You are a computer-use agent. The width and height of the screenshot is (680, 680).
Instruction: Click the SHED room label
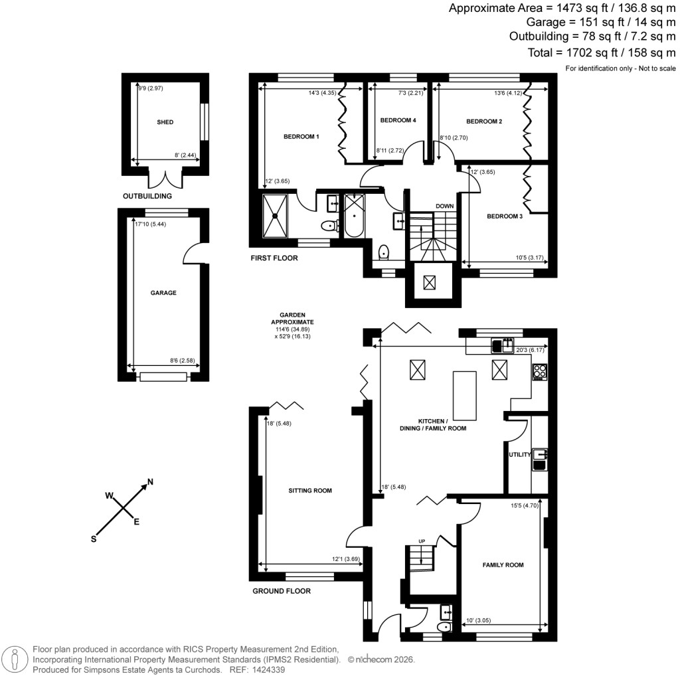165,123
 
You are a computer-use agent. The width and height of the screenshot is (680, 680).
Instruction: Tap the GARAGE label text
163,292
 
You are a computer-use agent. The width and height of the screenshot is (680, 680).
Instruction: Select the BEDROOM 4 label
398,120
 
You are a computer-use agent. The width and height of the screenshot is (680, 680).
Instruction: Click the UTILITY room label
519,455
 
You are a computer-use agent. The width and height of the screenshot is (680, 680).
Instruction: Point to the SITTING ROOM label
309,491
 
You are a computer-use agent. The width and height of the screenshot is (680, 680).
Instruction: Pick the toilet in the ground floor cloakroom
443,626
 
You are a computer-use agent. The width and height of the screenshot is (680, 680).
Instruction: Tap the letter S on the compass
94,539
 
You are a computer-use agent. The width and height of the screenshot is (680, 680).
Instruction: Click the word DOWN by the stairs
444,206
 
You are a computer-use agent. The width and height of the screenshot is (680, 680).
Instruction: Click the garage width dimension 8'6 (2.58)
182,361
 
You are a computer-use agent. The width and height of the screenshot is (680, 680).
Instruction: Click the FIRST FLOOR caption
274,258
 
